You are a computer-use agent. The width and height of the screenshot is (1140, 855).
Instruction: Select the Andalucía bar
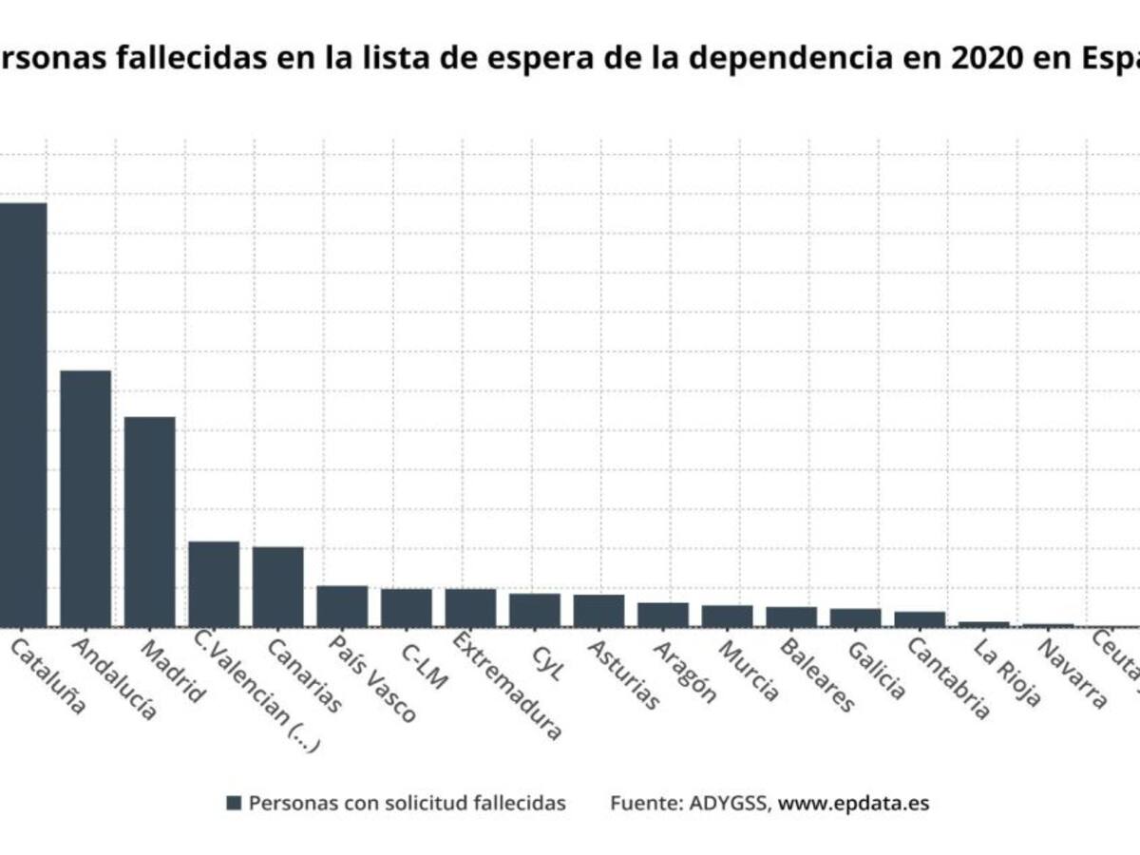click(x=85, y=498)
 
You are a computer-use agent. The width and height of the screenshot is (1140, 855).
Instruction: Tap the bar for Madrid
click(x=149, y=522)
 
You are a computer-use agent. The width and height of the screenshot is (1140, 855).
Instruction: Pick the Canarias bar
click(x=277, y=586)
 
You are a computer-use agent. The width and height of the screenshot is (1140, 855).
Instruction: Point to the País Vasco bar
click(x=342, y=606)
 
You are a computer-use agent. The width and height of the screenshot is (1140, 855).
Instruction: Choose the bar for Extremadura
click(x=470, y=608)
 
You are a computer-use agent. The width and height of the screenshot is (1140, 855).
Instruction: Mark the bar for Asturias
click(x=598, y=611)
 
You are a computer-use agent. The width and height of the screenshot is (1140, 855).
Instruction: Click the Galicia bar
click(x=855, y=617)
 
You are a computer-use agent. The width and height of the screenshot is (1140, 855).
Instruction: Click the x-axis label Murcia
click(x=749, y=671)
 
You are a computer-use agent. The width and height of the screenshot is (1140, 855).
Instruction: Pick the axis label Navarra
click(x=1072, y=674)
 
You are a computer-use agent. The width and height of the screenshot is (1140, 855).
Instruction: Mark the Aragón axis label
click(x=685, y=671)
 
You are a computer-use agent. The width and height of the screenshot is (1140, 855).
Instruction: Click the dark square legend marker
click(x=234, y=803)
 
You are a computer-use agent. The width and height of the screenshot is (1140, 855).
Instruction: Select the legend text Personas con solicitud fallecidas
click(x=407, y=803)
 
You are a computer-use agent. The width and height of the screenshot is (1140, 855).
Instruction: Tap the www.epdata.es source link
click(x=853, y=803)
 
